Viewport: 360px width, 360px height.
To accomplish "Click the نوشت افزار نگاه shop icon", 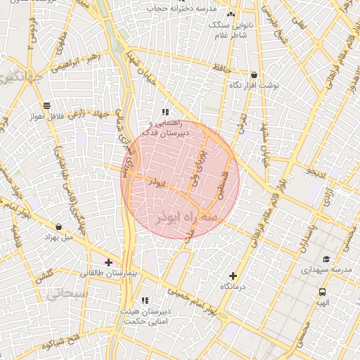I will tap(254, 75).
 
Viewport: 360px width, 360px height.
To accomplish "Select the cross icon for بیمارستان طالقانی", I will tap(108, 262).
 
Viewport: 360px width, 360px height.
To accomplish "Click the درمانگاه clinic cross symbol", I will tap(233, 276).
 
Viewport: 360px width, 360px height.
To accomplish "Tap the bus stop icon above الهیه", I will tap(322, 292).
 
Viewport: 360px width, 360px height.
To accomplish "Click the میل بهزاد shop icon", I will tap(58, 227).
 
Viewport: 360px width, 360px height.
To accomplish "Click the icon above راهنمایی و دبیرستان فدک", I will tap(165, 112).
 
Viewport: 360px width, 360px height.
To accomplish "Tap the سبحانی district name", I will tap(67, 291).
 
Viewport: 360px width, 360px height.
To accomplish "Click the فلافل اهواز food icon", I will tap(46, 105).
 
